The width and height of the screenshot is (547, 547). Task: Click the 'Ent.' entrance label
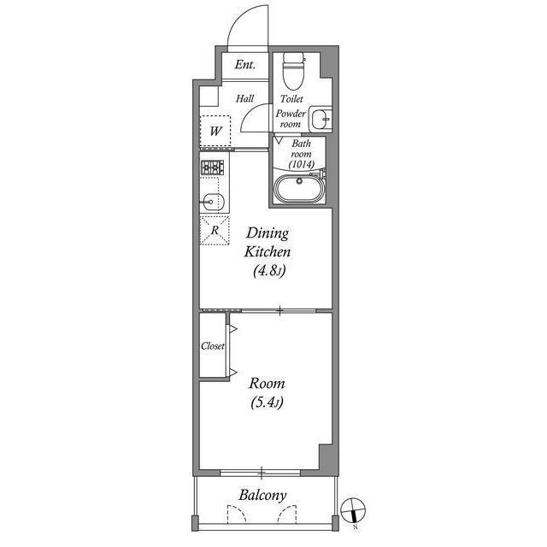tap(245, 65)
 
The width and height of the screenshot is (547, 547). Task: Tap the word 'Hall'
tap(245, 99)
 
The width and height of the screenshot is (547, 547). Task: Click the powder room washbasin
tap(320, 117)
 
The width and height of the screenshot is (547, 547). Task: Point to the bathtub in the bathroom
tap(300, 188)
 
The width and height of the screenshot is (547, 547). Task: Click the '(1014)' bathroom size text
tap(301, 164)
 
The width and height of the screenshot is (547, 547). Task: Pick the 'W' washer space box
tap(216, 132)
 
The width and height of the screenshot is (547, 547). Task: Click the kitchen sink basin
tap(215, 202)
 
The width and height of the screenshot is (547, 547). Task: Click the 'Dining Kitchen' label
tap(268, 243)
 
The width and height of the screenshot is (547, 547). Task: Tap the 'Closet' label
tap(213, 346)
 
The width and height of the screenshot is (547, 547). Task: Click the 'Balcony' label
tap(262, 495)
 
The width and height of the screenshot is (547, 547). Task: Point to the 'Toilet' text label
tap(291, 99)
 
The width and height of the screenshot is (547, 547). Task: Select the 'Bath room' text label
tap(301, 149)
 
